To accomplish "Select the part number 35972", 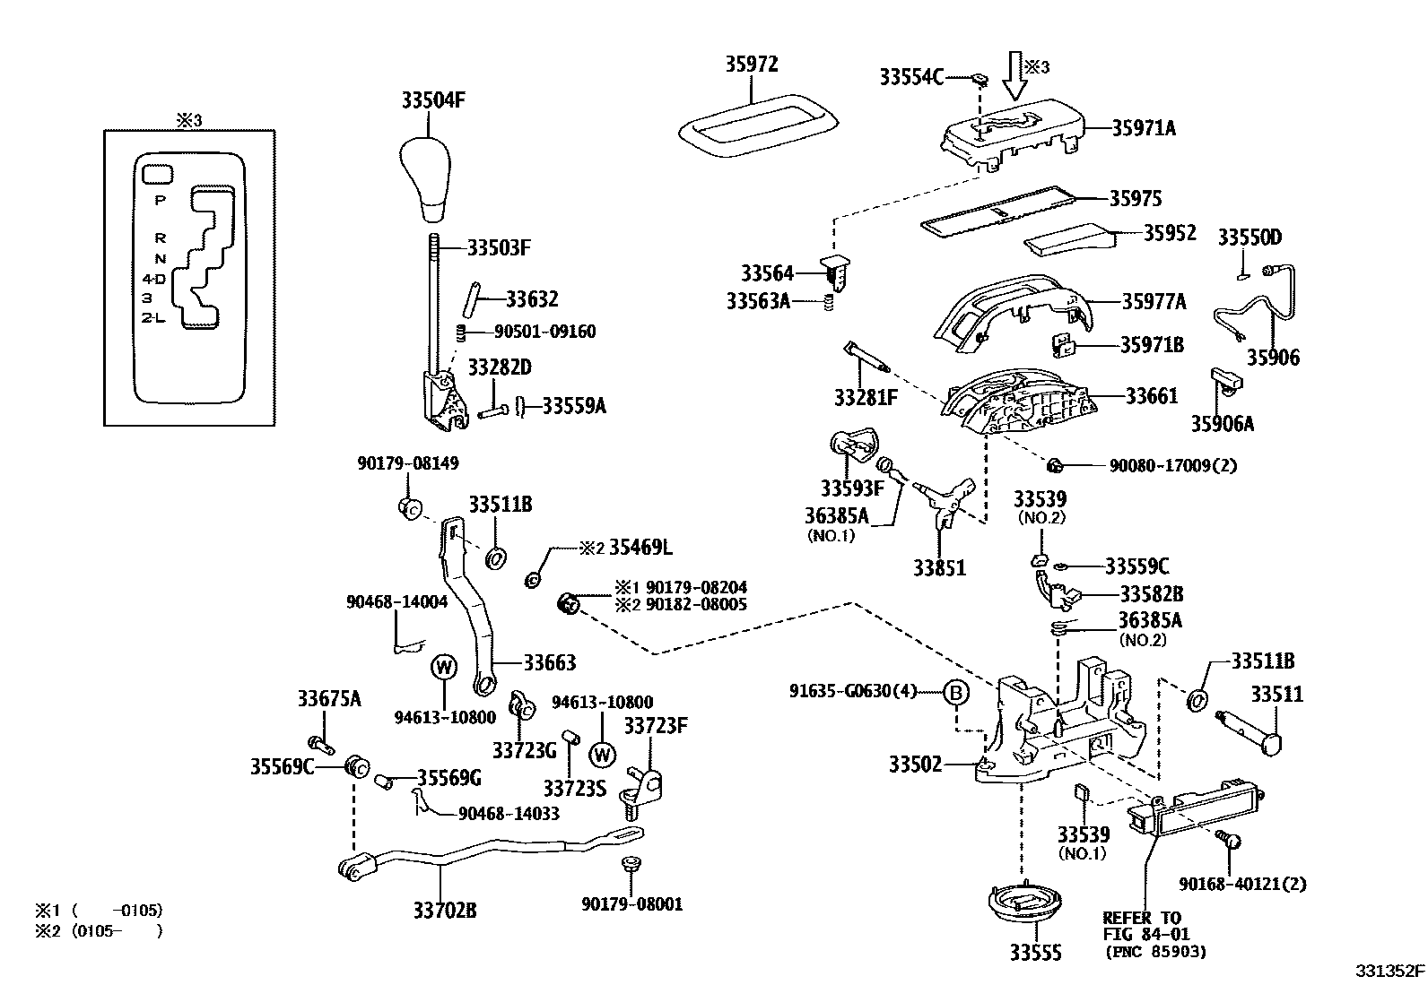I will pos(752,65).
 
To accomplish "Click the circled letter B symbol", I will pos(956,692).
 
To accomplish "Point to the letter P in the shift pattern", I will pos(160,200).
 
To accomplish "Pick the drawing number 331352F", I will pos(1389,971).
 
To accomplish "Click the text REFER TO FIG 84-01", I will pos(1142,926).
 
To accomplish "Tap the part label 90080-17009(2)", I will pos(1173,465).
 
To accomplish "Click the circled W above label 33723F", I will pos(602,754).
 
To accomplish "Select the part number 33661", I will pos(1152,395).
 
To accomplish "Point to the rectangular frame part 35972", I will pos(758,124).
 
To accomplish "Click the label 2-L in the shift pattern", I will pos(152,317).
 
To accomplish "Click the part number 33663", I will pos(550,663).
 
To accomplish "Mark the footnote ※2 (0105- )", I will pos(99,931).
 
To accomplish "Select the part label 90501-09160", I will pos(544,331).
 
